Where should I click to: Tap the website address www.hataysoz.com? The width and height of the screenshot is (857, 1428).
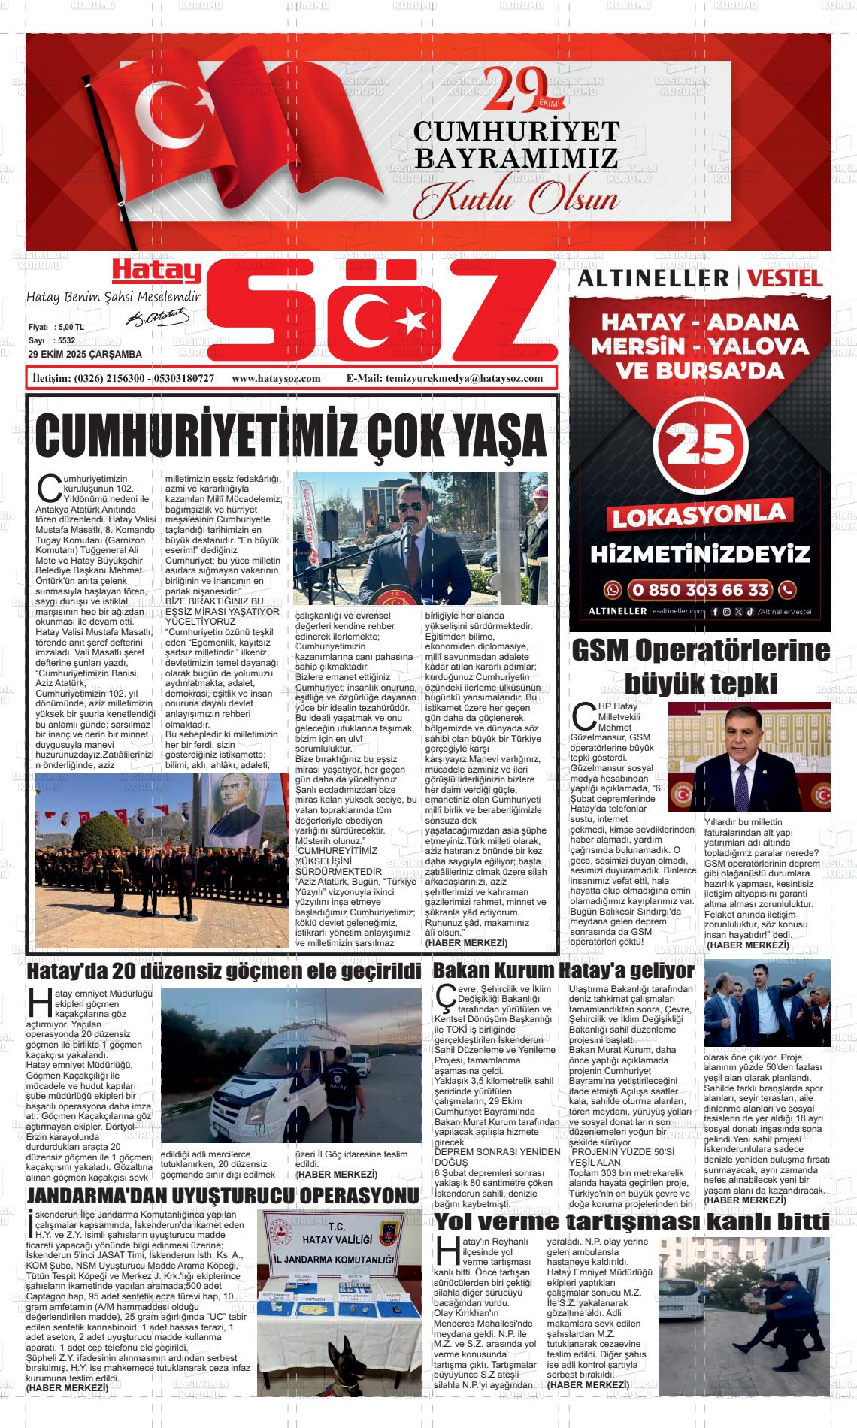[x=276, y=378]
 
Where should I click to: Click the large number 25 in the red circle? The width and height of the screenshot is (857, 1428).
[x=701, y=446]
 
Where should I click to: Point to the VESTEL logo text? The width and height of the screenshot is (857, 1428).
[x=785, y=278]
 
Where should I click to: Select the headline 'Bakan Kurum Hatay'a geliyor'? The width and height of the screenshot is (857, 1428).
[x=563, y=970]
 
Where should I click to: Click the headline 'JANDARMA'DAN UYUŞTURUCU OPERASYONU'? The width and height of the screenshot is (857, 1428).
[x=223, y=1196]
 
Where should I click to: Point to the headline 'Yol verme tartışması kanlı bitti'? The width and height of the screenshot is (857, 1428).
[x=632, y=1222]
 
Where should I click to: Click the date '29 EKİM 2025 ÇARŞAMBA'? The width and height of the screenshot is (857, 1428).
[x=84, y=355]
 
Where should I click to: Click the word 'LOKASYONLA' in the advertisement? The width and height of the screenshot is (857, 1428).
[x=700, y=516]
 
